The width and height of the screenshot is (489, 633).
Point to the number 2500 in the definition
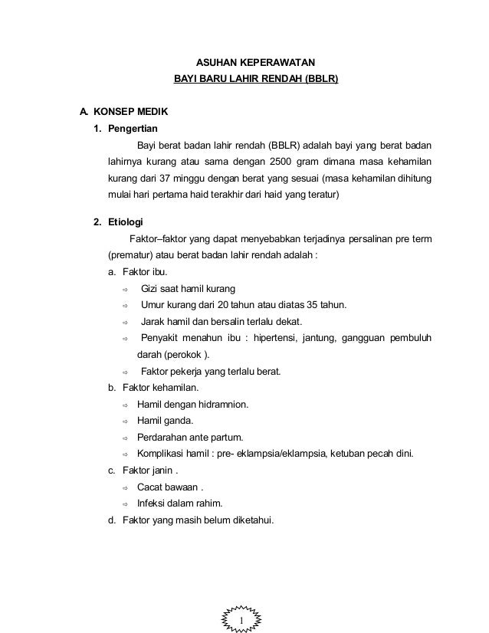tap(283, 162)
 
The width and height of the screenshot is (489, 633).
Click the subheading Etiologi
tap(126, 222)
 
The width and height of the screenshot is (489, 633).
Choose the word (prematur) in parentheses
tap(130, 255)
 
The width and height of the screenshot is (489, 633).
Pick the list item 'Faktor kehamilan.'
tap(155, 388)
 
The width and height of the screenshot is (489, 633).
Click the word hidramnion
tap(222, 405)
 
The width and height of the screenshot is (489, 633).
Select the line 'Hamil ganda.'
tap(165, 421)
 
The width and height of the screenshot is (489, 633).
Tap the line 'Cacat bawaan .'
tap(170, 487)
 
